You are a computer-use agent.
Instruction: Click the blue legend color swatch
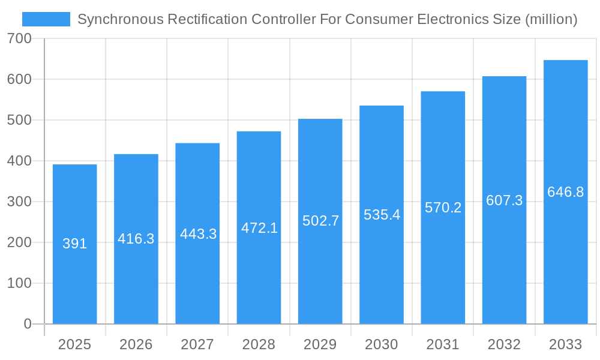coord(46,19)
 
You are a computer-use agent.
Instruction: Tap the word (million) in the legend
coord(551,19)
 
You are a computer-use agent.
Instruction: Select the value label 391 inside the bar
coord(75,244)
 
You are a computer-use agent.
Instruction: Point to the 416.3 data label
coord(136,239)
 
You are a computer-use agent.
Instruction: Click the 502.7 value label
coord(320,221)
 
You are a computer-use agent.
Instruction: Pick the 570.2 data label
coord(443,208)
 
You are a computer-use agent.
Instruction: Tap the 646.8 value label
coord(565,192)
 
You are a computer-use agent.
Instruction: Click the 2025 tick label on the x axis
coord(75,344)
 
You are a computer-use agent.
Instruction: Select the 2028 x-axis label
coord(259,344)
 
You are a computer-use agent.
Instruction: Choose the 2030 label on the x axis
coord(382,344)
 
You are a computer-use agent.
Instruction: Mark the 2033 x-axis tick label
coord(565,344)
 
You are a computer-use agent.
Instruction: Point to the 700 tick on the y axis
coord(19,38)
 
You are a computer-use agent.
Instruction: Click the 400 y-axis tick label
coord(19,161)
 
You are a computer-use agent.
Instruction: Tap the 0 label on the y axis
coord(28,324)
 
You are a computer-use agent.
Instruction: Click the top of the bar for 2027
coord(197,144)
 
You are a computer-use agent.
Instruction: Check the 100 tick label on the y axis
coord(19,283)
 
